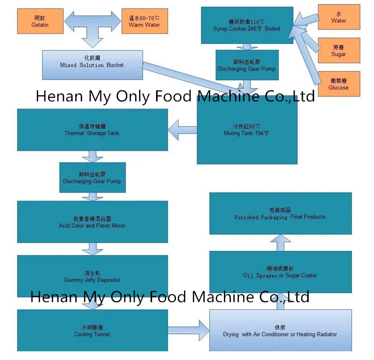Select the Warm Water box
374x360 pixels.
coord(144,21)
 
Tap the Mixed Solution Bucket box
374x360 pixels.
coord(92,64)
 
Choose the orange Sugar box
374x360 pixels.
coord(338,51)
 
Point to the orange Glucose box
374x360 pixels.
coord(338,84)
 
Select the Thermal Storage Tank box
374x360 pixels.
coord(92,130)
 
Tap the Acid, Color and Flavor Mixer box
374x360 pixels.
coord(92,222)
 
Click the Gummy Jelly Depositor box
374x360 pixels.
coord(92,276)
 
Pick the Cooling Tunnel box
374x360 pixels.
coord(92,330)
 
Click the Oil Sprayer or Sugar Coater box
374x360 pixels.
coord(280,272)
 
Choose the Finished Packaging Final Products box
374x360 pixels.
coord(280,214)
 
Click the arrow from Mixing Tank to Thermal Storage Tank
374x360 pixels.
coord(183,130)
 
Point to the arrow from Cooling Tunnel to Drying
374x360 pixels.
coord(189,330)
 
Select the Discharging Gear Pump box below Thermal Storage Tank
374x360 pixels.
coord(92,178)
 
